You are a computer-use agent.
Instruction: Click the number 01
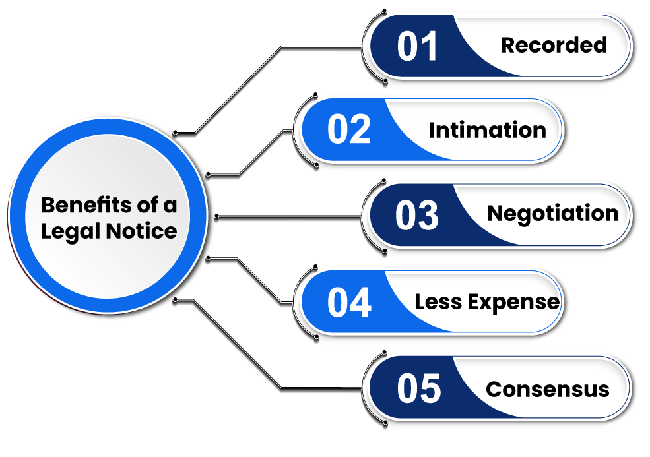pos(417,47)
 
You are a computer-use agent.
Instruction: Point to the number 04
pos(349,303)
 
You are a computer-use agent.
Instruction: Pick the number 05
pos(418,388)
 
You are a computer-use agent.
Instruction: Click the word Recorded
pos(554,45)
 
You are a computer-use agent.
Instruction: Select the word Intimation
pos(487,130)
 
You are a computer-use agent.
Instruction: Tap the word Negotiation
pos(552,214)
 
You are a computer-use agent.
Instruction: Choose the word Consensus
pos(547,389)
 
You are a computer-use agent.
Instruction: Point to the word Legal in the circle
pos(65,231)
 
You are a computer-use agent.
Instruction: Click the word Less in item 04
pos(435,302)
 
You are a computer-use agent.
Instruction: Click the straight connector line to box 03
pos(290,216)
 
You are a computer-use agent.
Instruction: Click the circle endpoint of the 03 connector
pos(216,216)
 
